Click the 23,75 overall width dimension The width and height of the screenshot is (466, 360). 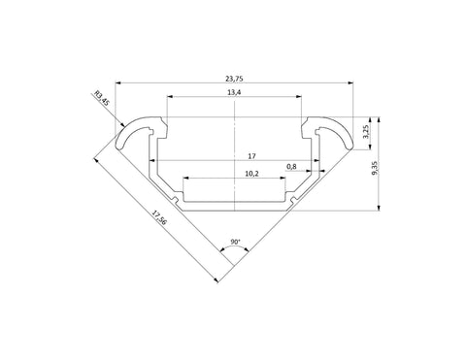click(x=234, y=79)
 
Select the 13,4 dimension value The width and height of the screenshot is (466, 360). click(x=234, y=92)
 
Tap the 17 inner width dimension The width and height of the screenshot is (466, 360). click(x=251, y=156)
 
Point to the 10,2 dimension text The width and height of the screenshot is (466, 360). click(x=251, y=174)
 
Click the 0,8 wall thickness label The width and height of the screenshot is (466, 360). click(x=291, y=167)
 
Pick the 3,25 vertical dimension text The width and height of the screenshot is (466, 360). click(x=366, y=132)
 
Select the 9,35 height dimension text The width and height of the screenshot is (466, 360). click(x=375, y=168)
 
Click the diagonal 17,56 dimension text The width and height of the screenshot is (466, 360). click(x=159, y=217)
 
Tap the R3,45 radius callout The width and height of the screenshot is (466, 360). click(x=102, y=99)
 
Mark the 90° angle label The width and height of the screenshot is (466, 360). click(x=235, y=242)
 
